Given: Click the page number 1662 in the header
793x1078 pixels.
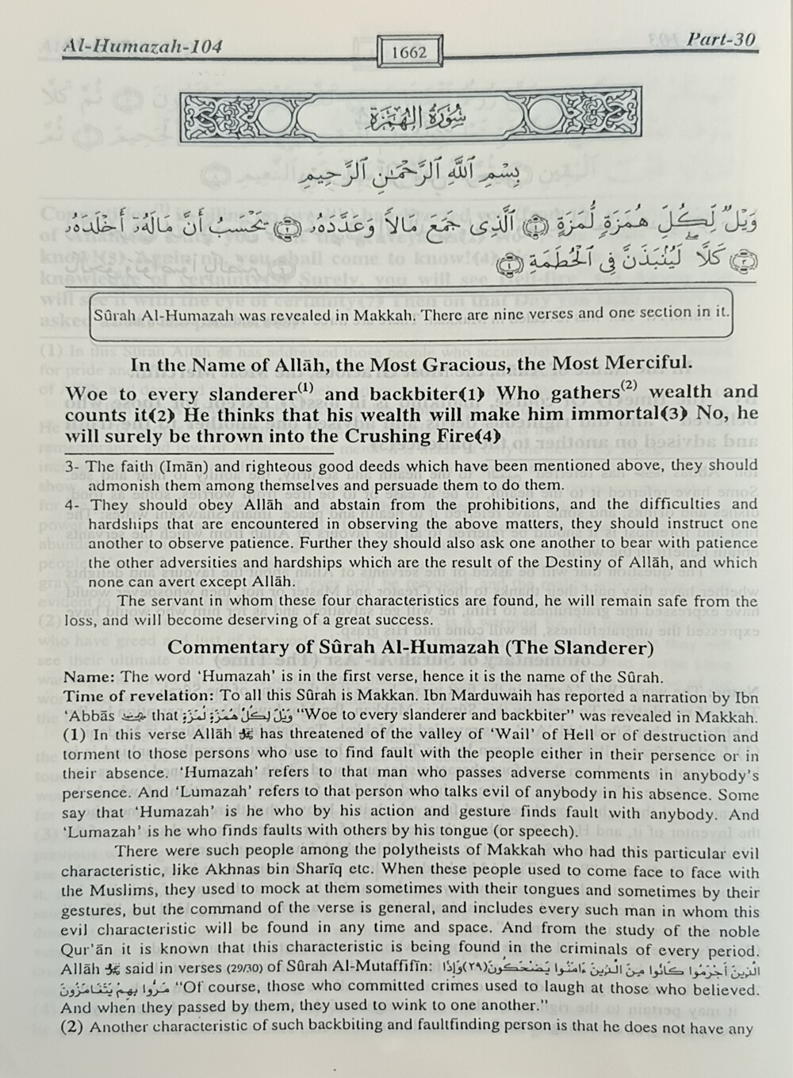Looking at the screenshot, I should tap(409, 52).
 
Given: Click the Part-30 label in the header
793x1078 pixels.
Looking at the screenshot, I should tap(721, 40).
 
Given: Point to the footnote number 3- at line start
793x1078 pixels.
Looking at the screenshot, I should tap(73, 467).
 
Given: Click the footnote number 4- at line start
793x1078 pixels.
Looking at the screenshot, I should tap(73, 505).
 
